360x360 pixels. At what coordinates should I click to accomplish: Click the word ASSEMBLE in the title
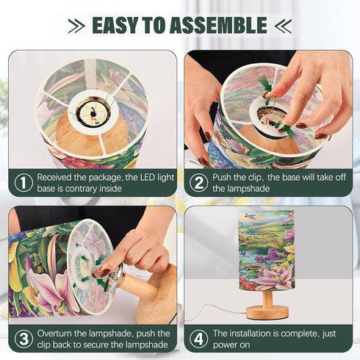click(218, 25)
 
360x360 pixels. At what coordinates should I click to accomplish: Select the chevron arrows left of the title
click(76, 26)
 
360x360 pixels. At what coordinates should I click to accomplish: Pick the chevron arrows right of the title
click(283, 26)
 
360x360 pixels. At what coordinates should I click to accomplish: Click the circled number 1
click(24, 183)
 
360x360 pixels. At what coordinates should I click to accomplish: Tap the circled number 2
click(198, 183)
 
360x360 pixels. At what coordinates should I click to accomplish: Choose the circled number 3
click(24, 339)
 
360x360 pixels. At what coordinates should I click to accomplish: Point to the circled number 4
click(198, 339)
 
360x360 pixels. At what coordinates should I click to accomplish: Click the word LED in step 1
click(148, 177)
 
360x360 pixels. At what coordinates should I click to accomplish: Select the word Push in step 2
click(222, 177)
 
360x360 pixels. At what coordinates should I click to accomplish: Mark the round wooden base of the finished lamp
click(267, 312)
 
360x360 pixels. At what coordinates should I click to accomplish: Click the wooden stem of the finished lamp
click(267, 298)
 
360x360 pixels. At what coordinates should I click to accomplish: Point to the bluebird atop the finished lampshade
click(249, 216)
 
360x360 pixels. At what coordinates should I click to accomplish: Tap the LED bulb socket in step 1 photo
click(93, 113)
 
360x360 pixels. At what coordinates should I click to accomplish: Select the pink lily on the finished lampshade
click(274, 278)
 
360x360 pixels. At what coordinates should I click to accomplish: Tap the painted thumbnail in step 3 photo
click(104, 273)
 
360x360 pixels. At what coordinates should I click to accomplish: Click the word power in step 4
click(225, 345)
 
